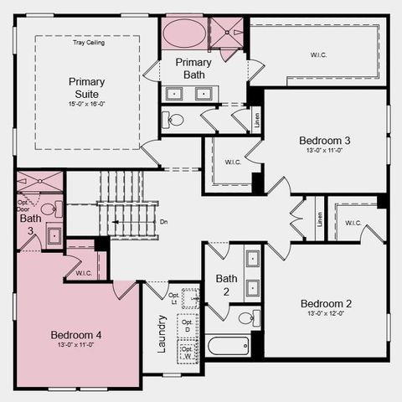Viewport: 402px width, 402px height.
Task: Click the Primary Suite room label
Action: coord(87,87)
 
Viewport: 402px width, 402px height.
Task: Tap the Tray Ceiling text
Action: coord(89,43)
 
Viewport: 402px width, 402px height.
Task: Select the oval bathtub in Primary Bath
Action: coord(183,34)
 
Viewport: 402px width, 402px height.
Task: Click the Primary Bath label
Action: coord(194,69)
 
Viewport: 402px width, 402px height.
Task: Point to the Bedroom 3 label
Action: coord(324,140)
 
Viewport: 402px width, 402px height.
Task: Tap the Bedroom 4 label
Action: coord(76,335)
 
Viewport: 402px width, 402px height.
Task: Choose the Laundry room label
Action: coord(162,332)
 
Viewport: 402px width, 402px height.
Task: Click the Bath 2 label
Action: coord(226,285)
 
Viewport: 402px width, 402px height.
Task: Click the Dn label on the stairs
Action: coord(163,222)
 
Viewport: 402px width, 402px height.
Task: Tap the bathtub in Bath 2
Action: coord(227,345)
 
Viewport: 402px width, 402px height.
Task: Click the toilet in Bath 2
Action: coord(248,317)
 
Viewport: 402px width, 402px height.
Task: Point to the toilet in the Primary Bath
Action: coord(174,119)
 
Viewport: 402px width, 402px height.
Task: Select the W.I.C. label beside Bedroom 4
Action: coord(83,272)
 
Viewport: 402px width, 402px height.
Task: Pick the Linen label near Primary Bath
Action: coord(256,118)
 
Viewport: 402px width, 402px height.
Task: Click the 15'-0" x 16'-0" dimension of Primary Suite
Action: coord(87,104)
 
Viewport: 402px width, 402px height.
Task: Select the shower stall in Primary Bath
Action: coord(227,33)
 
